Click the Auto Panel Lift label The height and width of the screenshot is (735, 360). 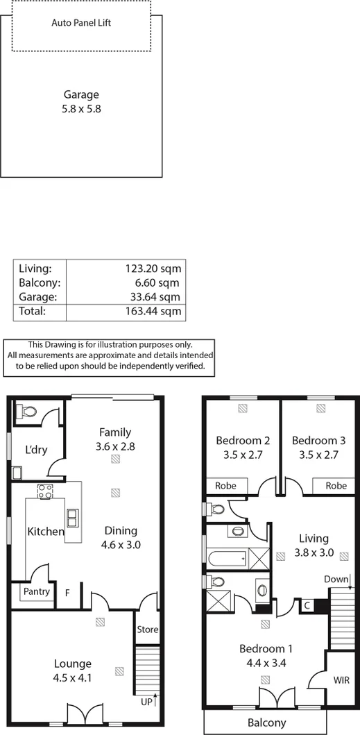[81, 23]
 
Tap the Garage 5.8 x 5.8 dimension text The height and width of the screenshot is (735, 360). [81, 109]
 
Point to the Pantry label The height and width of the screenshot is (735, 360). [37, 592]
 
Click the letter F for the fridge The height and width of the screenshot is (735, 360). [67, 593]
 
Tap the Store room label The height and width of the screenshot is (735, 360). [147, 630]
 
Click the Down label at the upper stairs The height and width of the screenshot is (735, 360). [335, 579]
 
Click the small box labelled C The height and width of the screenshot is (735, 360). [307, 605]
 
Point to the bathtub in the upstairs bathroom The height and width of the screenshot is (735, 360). [228, 557]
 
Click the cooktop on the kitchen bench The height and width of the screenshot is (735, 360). [46, 491]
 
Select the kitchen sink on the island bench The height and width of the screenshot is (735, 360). [72, 518]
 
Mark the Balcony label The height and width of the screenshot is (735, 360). [267, 723]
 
